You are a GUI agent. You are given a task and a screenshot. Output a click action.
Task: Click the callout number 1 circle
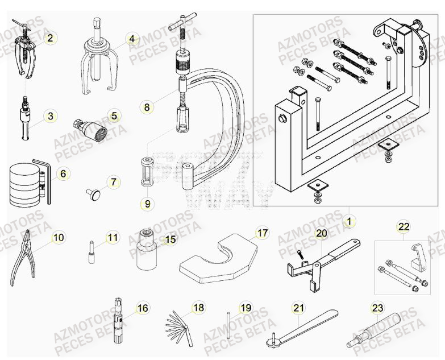coord(349,217)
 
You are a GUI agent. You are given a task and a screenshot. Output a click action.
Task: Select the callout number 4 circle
coord(131,39)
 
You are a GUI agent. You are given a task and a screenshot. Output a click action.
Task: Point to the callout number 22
coord(403,227)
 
